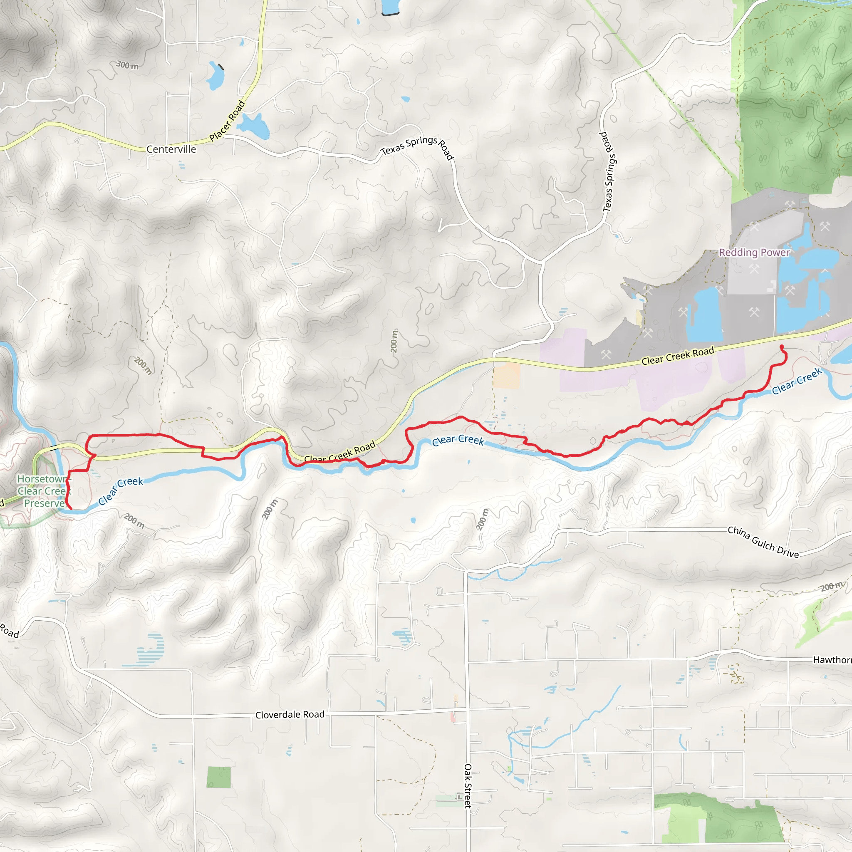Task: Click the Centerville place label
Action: tap(171, 149)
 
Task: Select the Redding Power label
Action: tap(754, 252)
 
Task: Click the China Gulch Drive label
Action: tap(763, 542)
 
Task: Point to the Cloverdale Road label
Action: tap(290, 714)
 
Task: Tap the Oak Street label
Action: tap(468, 786)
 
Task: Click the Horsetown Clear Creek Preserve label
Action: tap(42, 491)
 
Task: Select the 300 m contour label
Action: tap(127, 65)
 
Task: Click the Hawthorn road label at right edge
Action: tap(832, 660)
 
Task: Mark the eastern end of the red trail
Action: tap(782, 347)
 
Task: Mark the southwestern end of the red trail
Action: tap(71, 508)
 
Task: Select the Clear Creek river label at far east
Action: tap(797, 381)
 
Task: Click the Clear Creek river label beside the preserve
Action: tap(120, 490)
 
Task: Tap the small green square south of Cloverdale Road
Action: tap(219, 778)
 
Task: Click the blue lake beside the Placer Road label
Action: tap(255, 126)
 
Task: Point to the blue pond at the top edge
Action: tap(390, 7)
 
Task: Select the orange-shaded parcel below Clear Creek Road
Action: tap(507, 376)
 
